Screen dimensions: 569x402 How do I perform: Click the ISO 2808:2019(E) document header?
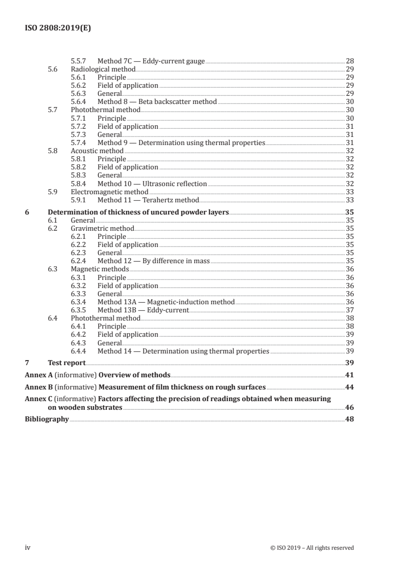click(58, 29)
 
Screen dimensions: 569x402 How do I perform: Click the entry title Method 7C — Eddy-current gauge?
click(151, 61)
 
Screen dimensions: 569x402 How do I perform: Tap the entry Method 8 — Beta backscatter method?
click(157, 102)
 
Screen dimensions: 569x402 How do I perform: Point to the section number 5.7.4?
click(79, 143)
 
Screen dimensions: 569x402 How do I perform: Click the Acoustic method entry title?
click(97, 151)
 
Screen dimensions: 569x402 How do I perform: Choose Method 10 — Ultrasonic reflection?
click(152, 184)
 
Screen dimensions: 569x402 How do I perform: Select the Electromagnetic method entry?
click(109, 192)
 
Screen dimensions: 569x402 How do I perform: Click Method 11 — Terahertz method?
click(148, 200)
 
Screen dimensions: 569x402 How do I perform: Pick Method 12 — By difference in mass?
click(154, 261)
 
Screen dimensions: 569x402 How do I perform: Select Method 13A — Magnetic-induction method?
click(166, 302)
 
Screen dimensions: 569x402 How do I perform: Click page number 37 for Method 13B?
click(349, 310)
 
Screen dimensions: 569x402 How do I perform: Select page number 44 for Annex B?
click(349, 387)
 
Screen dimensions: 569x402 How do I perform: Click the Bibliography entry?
click(47, 419)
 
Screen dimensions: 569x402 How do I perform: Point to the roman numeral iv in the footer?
click(28, 548)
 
